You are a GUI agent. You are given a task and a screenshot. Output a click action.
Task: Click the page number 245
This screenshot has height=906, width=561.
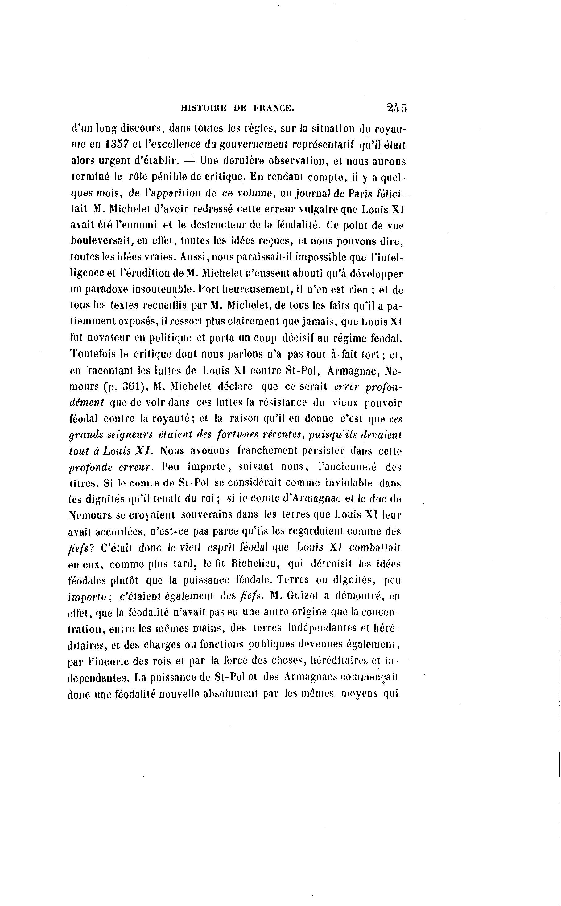point(396,108)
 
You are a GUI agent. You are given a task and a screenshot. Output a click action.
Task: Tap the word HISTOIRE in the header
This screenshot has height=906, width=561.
point(203,108)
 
